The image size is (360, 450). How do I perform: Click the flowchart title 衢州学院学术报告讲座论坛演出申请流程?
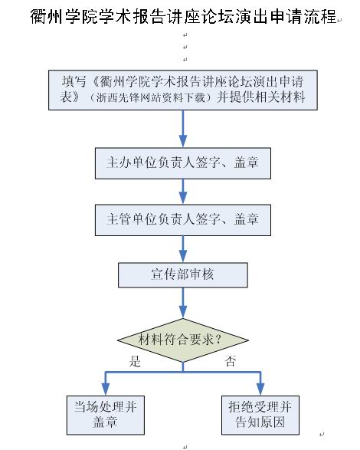[x=184, y=16]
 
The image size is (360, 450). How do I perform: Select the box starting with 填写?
[x=183, y=90]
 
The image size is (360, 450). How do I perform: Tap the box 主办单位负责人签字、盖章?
[x=183, y=163]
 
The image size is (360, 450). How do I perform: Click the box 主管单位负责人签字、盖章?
[x=183, y=220]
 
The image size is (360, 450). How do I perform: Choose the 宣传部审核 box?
[x=183, y=275]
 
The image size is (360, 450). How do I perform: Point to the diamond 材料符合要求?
[x=183, y=340]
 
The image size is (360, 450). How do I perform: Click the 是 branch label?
[x=135, y=361]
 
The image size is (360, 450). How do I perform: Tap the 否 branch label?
[x=230, y=361]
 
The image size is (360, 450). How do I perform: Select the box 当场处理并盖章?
[x=106, y=415]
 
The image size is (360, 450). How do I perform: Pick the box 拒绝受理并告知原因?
[x=260, y=415]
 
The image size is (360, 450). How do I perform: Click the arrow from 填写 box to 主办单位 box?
[x=183, y=129]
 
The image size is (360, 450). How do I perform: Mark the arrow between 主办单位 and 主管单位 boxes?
[x=183, y=192]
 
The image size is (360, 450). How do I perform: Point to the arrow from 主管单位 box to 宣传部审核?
[x=183, y=249]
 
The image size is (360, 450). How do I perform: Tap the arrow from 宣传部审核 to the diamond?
[x=183, y=303]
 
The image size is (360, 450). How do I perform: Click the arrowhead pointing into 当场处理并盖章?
[x=106, y=389]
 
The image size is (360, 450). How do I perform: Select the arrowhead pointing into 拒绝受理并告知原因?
[x=260, y=389]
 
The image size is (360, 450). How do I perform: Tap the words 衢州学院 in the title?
[x=63, y=16]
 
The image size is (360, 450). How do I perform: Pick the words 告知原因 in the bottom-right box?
[x=260, y=422]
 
